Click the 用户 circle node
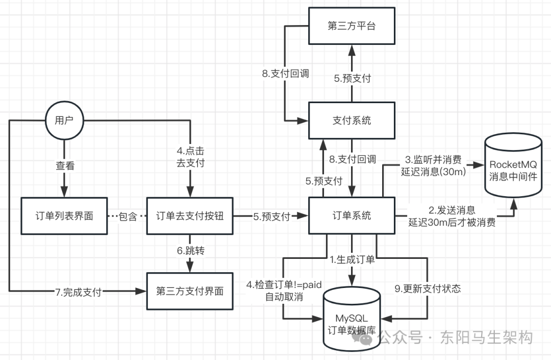[x=64, y=121]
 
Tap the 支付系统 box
[x=352, y=121]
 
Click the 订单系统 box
[x=352, y=215]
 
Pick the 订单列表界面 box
[x=64, y=215]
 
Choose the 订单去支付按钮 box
[x=189, y=215]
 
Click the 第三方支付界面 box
[x=189, y=292]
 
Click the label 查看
[x=64, y=166]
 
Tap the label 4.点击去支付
[x=190, y=158]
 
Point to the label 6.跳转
[x=190, y=252]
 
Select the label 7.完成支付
[x=79, y=292]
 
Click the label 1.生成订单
[x=352, y=260]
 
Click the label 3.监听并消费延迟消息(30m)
[x=433, y=165]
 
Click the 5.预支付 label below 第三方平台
[x=352, y=79]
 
